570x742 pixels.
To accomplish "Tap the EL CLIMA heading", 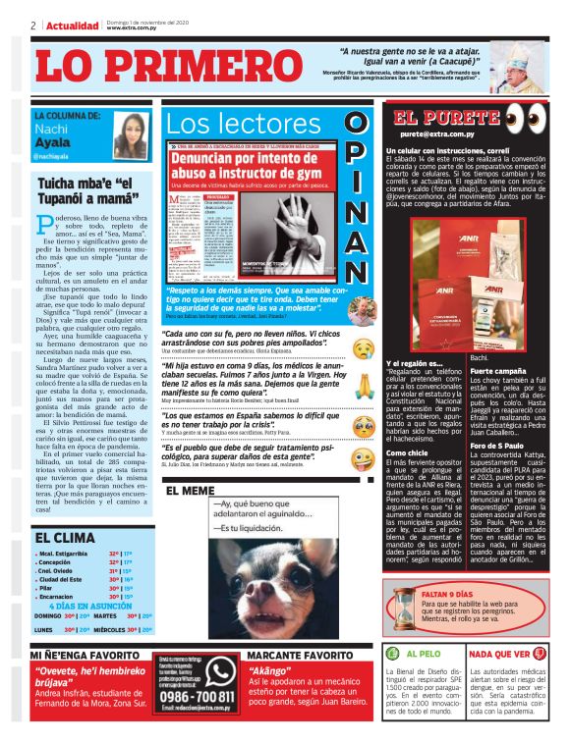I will (x=66, y=538).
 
